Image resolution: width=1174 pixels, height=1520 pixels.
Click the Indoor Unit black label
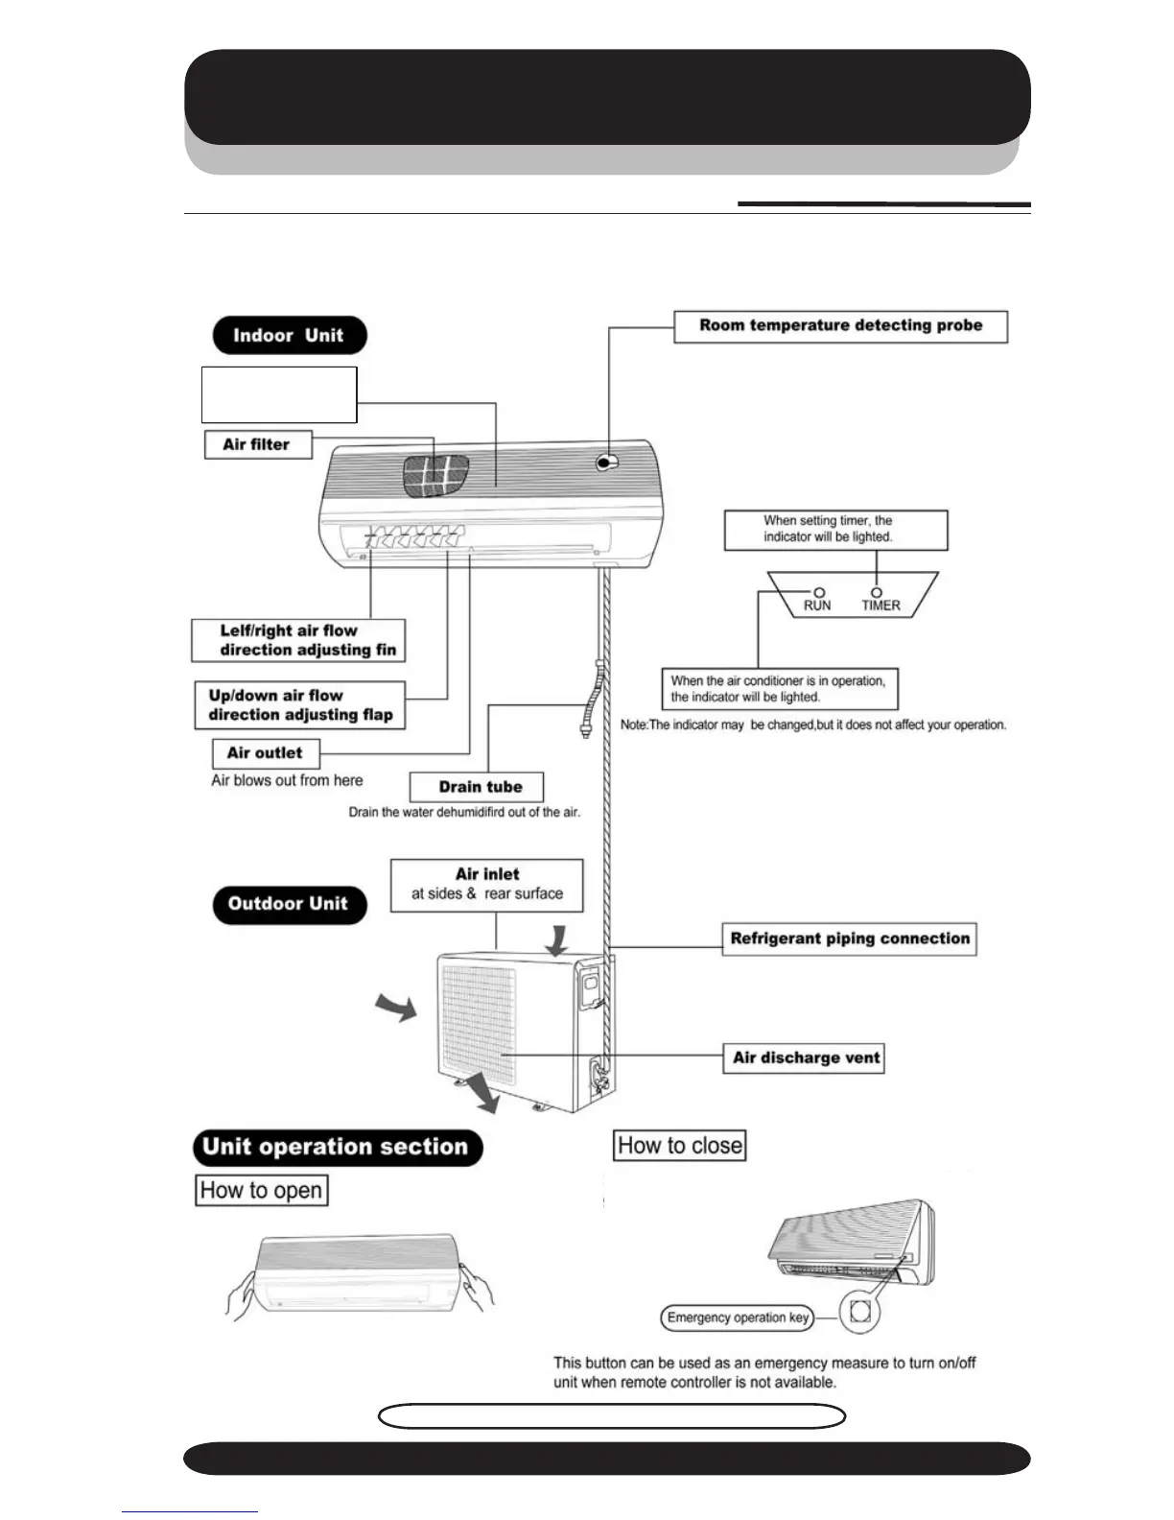pyautogui.click(x=289, y=336)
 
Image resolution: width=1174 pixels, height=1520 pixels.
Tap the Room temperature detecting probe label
pyautogui.click(x=840, y=326)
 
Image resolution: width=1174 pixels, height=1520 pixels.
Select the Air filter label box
pyautogui.click(x=258, y=444)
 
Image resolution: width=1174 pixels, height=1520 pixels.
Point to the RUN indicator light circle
pyautogui.click(x=818, y=593)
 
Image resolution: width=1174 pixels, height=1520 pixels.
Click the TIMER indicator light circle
pyautogui.click(x=876, y=593)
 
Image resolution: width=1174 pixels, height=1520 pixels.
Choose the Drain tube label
pyautogui.click(x=477, y=787)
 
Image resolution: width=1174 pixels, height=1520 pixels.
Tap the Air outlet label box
pyautogui.click(x=265, y=753)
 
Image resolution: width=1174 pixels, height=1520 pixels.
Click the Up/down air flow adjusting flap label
pyautogui.click(x=300, y=705)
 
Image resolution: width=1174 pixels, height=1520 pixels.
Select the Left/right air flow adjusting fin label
pyautogui.click(x=298, y=640)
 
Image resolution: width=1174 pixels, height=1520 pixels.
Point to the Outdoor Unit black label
pyautogui.click(x=289, y=904)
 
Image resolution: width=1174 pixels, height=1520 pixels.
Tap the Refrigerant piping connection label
pyautogui.click(x=849, y=938)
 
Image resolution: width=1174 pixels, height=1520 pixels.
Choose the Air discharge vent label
pyautogui.click(x=806, y=1058)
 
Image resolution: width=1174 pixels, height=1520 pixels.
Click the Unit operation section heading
pyautogui.click(x=337, y=1148)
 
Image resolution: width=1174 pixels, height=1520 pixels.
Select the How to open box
pyautogui.click(x=261, y=1191)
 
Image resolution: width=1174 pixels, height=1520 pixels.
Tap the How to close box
pyautogui.click(x=679, y=1146)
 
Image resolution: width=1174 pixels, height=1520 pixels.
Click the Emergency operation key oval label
pyautogui.click(x=737, y=1318)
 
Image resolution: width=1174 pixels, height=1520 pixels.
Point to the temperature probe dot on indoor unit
pyautogui.click(x=604, y=463)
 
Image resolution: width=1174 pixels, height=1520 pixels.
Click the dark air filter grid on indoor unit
pyautogui.click(x=434, y=476)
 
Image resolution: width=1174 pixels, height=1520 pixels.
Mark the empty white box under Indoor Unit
pyautogui.click(x=279, y=394)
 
